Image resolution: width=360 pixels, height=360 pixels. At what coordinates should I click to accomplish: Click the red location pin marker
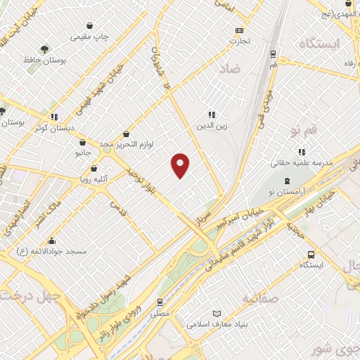(x=181, y=165)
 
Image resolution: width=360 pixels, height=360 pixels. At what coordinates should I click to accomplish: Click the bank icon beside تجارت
(x=240, y=30)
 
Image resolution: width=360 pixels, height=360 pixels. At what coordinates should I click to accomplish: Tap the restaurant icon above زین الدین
(x=211, y=115)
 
